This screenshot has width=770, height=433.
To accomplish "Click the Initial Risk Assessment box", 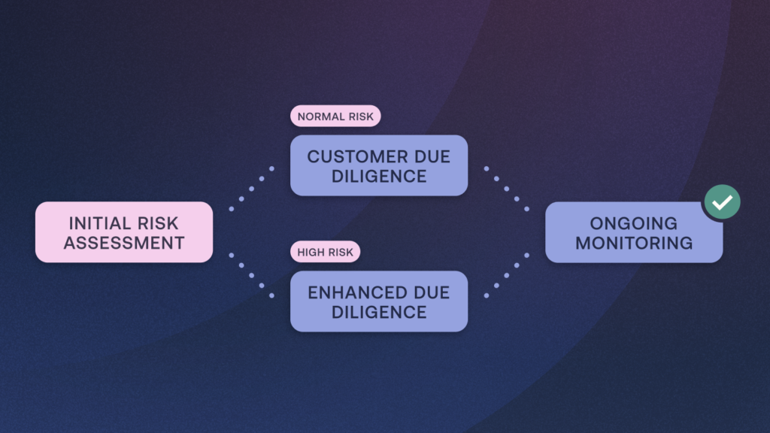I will [x=124, y=232].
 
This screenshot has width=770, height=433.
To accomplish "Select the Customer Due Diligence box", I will [x=379, y=165].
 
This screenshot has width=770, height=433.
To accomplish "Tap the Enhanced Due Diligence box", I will [x=379, y=301].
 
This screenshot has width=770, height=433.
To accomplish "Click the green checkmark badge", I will [x=722, y=202].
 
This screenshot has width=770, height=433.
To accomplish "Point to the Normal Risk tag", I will [x=335, y=117].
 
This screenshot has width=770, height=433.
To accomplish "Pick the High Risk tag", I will [x=325, y=252].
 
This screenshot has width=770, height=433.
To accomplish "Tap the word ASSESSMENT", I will [x=124, y=243].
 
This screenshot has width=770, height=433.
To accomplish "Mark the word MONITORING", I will [x=633, y=243].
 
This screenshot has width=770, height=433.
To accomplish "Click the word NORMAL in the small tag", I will [x=319, y=117].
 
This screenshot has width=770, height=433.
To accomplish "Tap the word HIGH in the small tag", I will [x=311, y=252].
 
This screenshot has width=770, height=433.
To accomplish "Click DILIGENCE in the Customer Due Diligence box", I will [x=379, y=177].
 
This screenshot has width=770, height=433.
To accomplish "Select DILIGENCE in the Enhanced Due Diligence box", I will [x=379, y=312].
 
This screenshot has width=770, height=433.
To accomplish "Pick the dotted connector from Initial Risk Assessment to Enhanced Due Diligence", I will [x=251, y=275].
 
